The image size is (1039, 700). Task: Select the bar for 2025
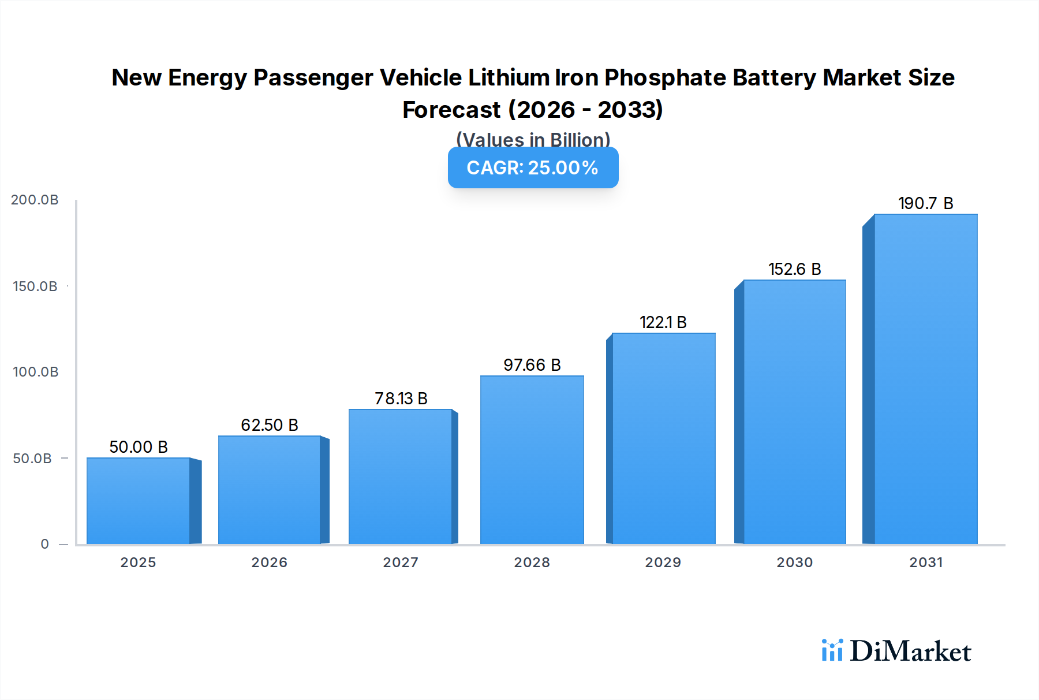(139, 501)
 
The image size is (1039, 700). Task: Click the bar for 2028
(532, 460)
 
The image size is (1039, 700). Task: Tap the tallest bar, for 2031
(925, 379)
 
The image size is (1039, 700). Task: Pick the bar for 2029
(663, 438)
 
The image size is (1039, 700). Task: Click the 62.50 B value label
(270, 425)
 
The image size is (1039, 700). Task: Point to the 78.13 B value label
(401, 399)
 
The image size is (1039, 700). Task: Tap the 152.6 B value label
(794, 269)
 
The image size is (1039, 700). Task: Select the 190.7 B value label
(925, 203)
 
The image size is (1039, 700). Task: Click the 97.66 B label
(532, 365)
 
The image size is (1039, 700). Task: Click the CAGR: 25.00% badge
(533, 167)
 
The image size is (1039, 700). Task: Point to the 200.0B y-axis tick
(35, 200)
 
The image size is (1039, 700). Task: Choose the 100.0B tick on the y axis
(35, 372)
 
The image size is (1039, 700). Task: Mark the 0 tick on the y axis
(44, 544)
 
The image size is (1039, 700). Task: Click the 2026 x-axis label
(270, 563)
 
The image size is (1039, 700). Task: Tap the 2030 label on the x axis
(794, 563)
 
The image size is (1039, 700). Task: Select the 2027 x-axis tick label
(401, 563)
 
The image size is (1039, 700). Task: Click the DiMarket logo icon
(832, 650)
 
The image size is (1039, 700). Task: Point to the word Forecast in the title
(451, 110)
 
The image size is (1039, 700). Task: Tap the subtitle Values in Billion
(533, 140)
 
